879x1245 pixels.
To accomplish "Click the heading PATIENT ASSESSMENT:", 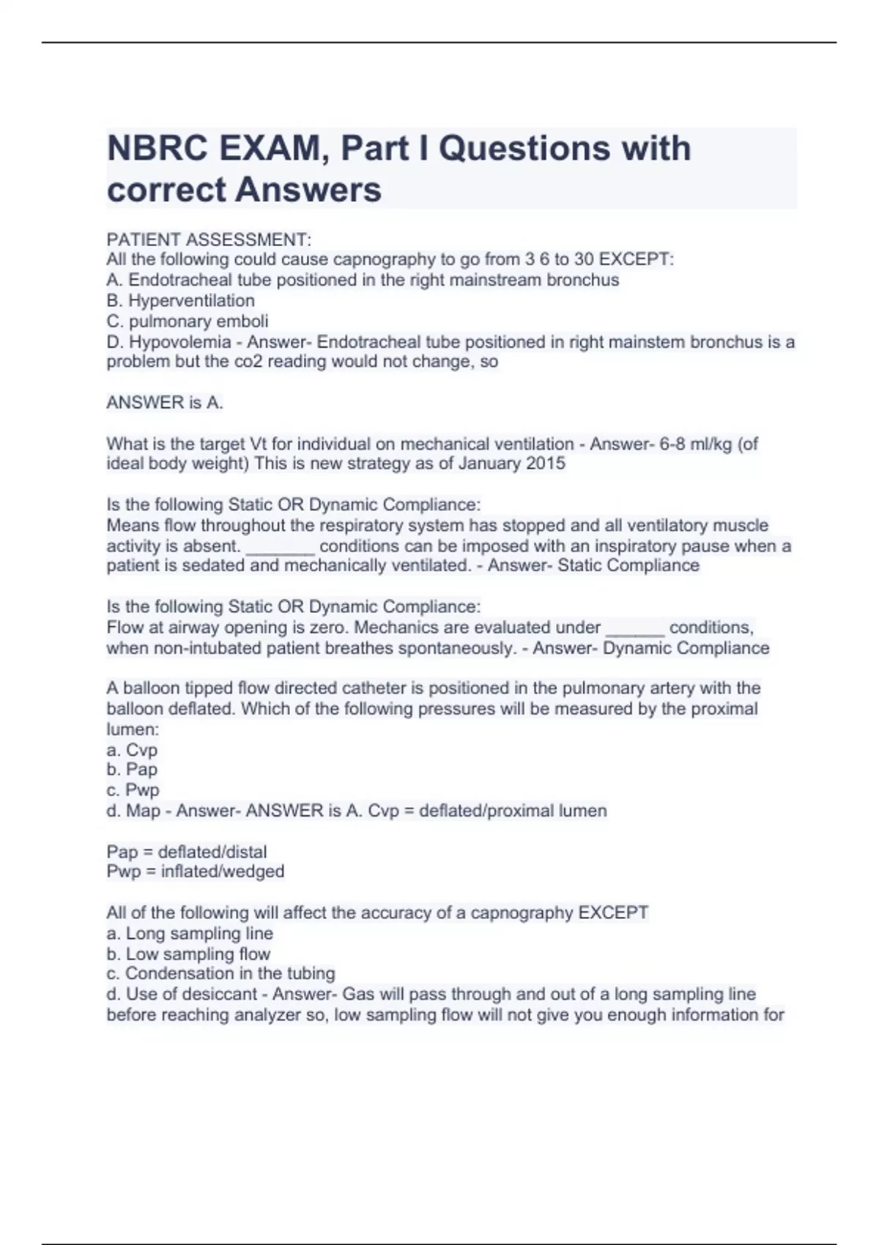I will pos(209,239).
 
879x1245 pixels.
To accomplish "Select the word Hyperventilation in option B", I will pos(192,300).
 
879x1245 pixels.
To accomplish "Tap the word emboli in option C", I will pos(245,321).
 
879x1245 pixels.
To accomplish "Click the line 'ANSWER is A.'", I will pos(165,402).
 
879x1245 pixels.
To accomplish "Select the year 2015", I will pos(547,464).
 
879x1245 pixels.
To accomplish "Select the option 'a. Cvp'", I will pos(132,750).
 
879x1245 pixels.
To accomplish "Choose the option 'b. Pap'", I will pos(132,769).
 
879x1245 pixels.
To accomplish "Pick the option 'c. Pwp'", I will pos(133,789).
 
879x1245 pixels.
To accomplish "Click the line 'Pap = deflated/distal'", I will pos(187,852).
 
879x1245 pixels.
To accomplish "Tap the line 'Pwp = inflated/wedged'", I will pos(196,871).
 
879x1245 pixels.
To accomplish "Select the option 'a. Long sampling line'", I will pos(190,933).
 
